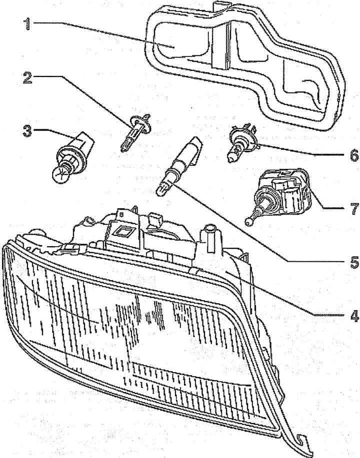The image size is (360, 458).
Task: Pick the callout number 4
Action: pos(353,315)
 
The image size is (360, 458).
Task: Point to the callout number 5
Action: pos(354,262)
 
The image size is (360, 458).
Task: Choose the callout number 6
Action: pos(354,155)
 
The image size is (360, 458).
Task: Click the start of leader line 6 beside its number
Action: pos(345,156)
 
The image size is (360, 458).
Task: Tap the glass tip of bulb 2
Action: pos(123,147)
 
